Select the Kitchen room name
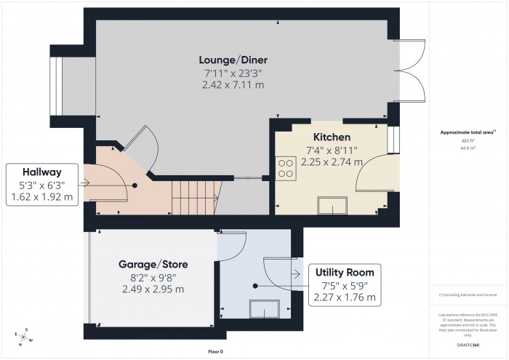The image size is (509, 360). click(332, 137)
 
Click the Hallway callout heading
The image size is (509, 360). click(41, 172)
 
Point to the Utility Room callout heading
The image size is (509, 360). click(345, 272)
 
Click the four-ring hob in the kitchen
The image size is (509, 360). click(285, 169)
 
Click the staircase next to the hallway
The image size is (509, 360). click(193, 198)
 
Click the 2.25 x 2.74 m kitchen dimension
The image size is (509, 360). click(332, 162)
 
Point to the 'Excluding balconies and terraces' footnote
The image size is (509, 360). click(469, 294)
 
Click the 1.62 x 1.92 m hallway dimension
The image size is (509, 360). click(41, 196)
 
